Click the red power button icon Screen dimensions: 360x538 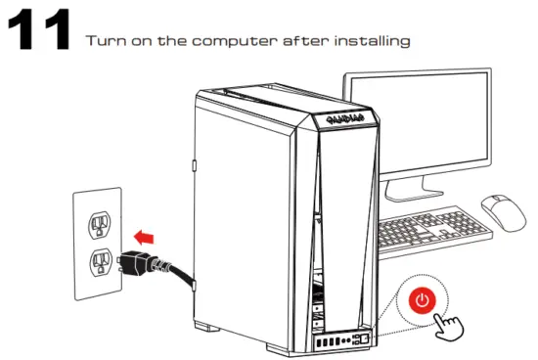[x=422, y=300]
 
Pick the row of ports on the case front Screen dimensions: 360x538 [x=338, y=340]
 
